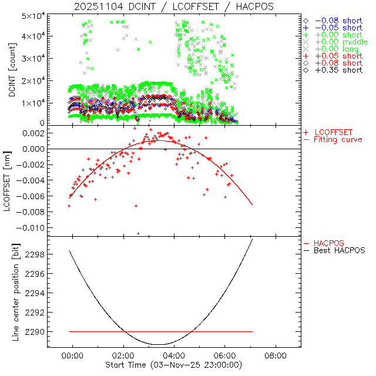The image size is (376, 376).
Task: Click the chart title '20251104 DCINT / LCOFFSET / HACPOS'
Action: tap(174, 6)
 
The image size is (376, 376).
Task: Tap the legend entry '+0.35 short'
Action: tap(338, 70)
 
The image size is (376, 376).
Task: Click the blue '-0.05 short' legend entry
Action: tap(338, 28)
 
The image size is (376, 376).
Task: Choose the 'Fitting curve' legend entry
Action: tap(338, 139)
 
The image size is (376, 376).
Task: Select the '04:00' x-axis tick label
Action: tap(174, 355)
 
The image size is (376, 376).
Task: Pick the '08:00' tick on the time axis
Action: tap(276, 355)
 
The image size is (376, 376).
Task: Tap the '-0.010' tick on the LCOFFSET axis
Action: tap(33, 227)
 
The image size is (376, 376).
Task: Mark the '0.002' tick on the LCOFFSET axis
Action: tap(35, 133)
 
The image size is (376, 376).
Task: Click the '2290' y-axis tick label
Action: tap(35, 332)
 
